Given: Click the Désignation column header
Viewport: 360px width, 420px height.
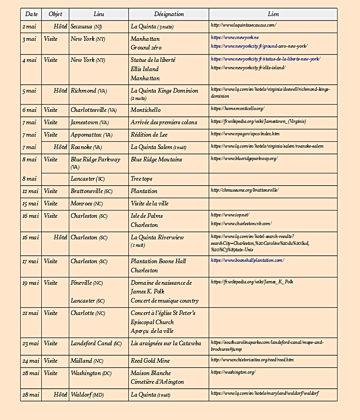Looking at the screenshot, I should [x=169, y=14].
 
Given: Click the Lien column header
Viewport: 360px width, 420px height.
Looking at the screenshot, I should [x=273, y=14].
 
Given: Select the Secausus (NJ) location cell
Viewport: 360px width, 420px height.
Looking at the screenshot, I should [x=86, y=27].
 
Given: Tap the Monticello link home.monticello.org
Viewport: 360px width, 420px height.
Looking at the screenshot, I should [x=238, y=109].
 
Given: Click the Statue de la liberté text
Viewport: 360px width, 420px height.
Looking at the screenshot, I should [x=153, y=60].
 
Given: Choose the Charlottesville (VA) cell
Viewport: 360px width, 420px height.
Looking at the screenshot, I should [x=94, y=110].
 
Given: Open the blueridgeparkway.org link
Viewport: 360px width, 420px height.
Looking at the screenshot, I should [x=244, y=159].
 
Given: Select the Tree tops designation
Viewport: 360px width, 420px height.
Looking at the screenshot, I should [x=141, y=179].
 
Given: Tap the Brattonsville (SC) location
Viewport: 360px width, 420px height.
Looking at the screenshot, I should [x=91, y=191].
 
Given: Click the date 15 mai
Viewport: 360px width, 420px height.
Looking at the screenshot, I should [x=30, y=204].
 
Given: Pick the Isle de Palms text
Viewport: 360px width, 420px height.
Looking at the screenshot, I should [x=147, y=216].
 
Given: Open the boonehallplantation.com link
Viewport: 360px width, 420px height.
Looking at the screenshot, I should [x=247, y=260].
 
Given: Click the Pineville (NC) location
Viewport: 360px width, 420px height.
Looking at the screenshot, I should [x=87, y=283].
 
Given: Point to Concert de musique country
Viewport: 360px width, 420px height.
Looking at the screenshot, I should [x=165, y=301].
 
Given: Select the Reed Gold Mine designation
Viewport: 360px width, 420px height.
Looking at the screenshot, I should [x=150, y=361].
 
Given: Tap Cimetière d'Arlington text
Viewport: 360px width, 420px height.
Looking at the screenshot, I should [x=157, y=382].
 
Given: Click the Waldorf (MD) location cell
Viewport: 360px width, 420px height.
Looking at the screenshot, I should [x=87, y=395].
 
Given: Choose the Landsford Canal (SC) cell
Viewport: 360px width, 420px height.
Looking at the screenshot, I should [x=96, y=343].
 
